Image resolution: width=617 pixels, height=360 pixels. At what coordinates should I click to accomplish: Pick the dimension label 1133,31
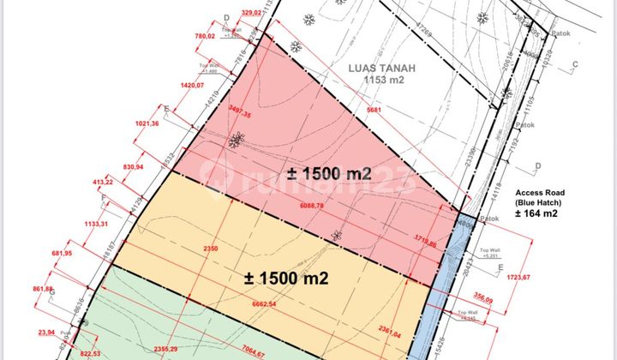(x=91, y=224)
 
